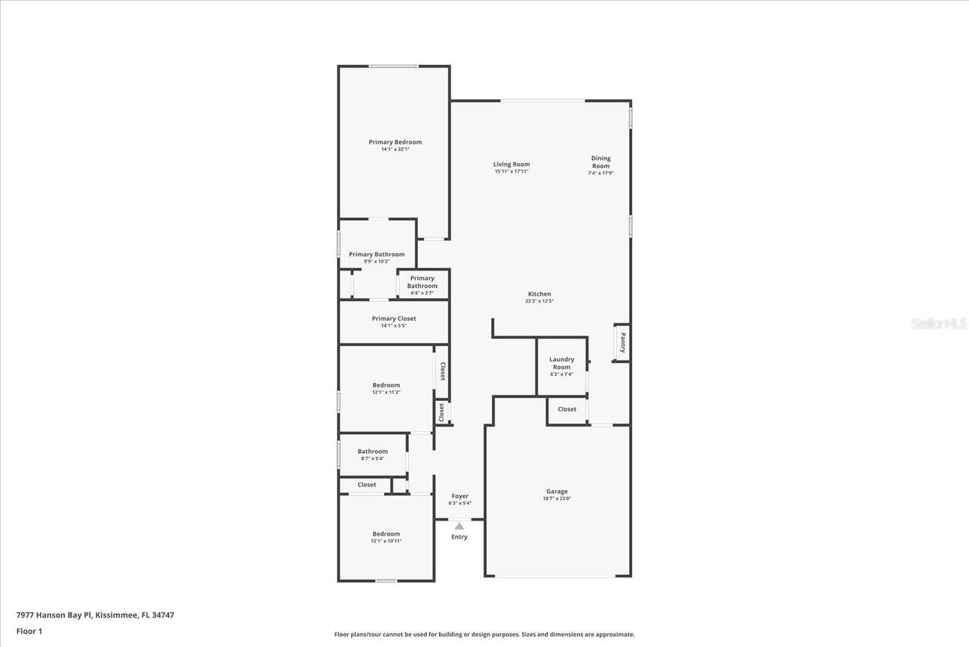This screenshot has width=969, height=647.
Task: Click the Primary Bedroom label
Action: point(395,142)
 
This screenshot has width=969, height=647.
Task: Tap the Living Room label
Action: point(511,164)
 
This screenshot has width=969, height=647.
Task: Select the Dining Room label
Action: point(600,162)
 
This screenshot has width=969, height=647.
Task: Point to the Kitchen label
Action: point(539,294)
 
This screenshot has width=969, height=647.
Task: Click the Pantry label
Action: point(622,342)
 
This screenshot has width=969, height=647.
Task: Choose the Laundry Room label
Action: point(561,363)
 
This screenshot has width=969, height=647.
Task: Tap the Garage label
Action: point(557,491)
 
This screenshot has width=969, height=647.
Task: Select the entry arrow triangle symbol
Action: point(459,525)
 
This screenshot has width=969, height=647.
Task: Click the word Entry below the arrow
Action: point(459,537)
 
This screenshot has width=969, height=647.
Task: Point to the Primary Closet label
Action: point(394,318)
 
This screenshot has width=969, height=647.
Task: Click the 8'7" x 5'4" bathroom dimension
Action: point(372,458)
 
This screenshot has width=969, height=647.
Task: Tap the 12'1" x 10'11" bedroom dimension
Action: point(386,541)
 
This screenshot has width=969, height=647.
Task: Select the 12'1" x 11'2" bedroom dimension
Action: point(386,392)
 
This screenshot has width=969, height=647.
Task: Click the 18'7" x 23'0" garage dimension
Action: point(557,499)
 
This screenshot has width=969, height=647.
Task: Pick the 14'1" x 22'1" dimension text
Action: point(395,149)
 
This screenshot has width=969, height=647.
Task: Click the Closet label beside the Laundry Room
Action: point(566,409)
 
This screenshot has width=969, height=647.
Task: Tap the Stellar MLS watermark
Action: point(939,323)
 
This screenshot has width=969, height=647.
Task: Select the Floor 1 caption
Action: point(30,631)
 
